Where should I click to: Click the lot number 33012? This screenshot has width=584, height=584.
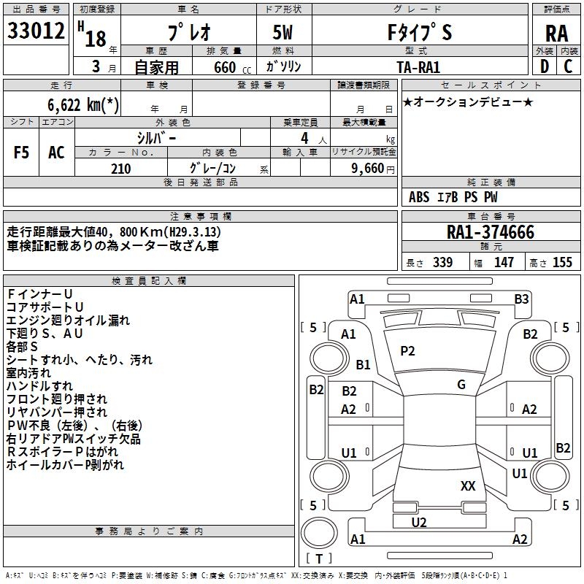pyautogui.click(x=36, y=31)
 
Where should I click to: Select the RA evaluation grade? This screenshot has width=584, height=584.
pyautogui.click(x=556, y=34)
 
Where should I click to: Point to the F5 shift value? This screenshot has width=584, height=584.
pyautogui.click(x=22, y=153)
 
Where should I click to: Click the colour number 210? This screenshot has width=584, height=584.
pyautogui.click(x=120, y=169)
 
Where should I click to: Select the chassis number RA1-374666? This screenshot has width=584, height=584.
pyautogui.click(x=491, y=233)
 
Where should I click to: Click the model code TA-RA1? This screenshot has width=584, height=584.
pyautogui.click(x=418, y=67)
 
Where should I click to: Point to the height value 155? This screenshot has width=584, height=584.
pyautogui.click(x=562, y=262)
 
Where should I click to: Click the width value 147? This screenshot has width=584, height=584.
pyautogui.click(x=504, y=262)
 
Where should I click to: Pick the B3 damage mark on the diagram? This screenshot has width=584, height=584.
pyautogui.click(x=521, y=299)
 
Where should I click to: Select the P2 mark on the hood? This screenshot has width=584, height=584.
pyautogui.click(x=407, y=351)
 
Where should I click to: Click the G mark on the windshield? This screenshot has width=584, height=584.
pyautogui.click(x=461, y=385)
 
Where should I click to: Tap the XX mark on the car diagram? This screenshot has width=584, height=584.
pyautogui.click(x=468, y=485)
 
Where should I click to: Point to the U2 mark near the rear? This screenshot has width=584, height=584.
pyautogui.click(x=419, y=522)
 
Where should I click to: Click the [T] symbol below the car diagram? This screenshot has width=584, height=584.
pyautogui.click(x=319, y=559)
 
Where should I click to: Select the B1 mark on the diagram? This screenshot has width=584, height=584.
pyautogui.click(x=364, y=364)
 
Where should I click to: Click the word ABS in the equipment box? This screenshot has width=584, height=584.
pyautogui.click(x=419, y=197)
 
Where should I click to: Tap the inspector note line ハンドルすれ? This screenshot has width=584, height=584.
pyautogui.click(x=39, y=386)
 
